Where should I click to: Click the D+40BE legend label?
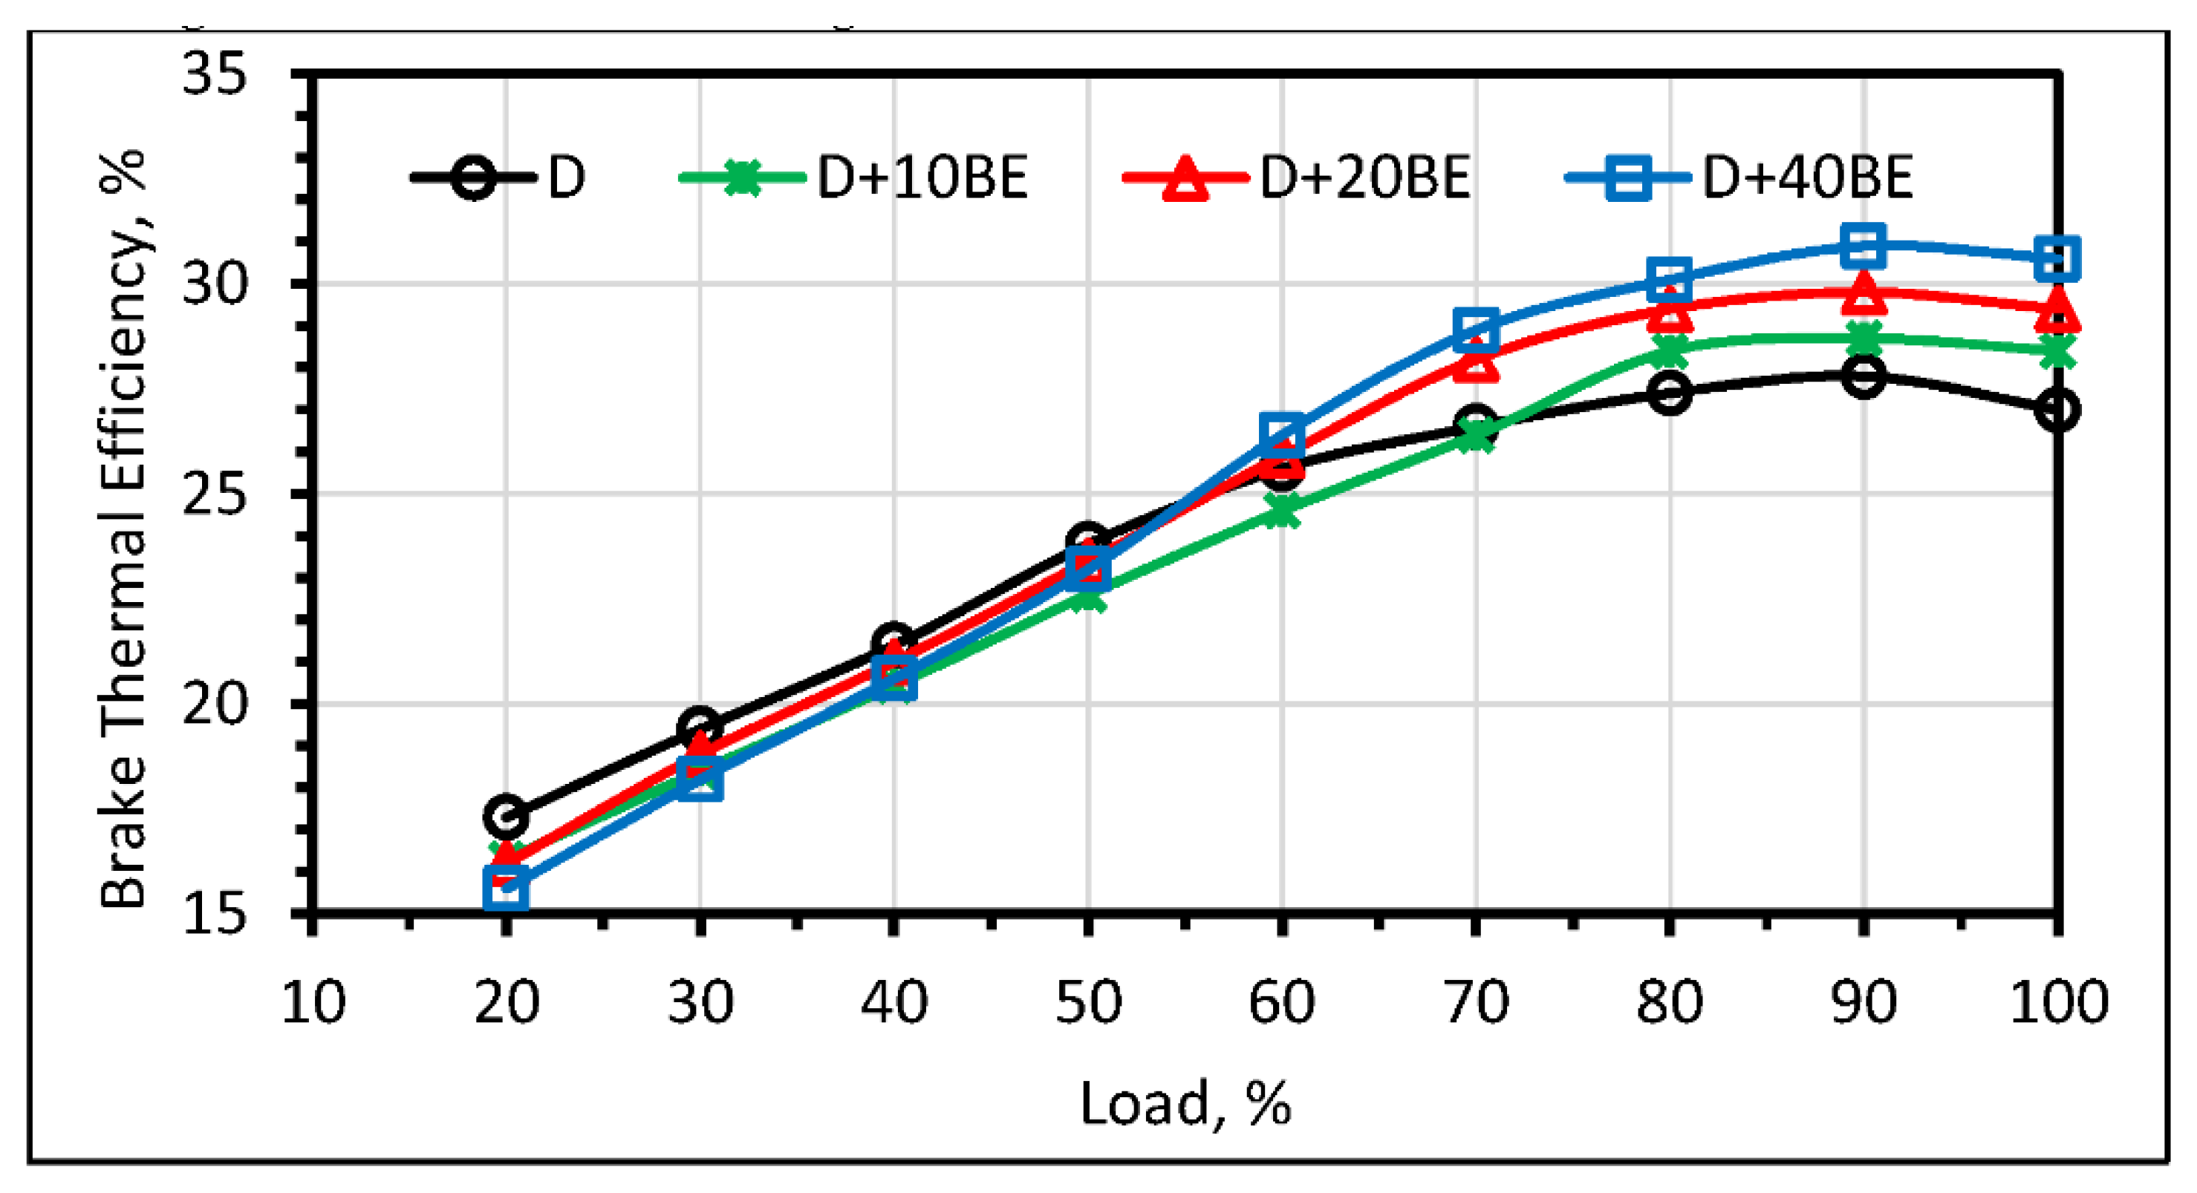pyautogui.click(x=1807, y=177)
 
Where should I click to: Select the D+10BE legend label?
pyautogui.click(x=922, y=177)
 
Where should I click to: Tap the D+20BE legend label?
pyautogui.click(x=1364, y=177)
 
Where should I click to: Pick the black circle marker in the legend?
pyautogui.click(x=472, y=177)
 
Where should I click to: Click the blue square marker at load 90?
pyautogui.click(x=1863, y=246)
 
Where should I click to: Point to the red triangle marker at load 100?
pyautogui.click(x=2057, y=309)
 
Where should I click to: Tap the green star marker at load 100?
pyautogui.click(x=2057, y=350)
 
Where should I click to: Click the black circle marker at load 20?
pyautogui.click(x=506, y=816)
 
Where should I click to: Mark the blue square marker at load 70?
pyautogui.click(x=1477, y=329)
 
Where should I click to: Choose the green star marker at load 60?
pyautogui.click(x=1282, y=511)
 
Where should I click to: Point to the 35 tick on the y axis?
pyautogui.click(x=214, y=73)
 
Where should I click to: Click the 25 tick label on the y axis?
pyautogui.click(x=214, y=493)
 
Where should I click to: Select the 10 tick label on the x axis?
pyautogui.click(x=312, y=1002)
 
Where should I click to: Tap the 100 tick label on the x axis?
pyautogui.click(x=2058, y=1002)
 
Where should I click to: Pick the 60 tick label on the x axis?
pyautogui.click(x=1282, y=1002)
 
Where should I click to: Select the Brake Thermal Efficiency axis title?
pyautogui.click(x=124, y=529)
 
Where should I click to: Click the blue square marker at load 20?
pyautogui.click(x=506, y=887)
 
